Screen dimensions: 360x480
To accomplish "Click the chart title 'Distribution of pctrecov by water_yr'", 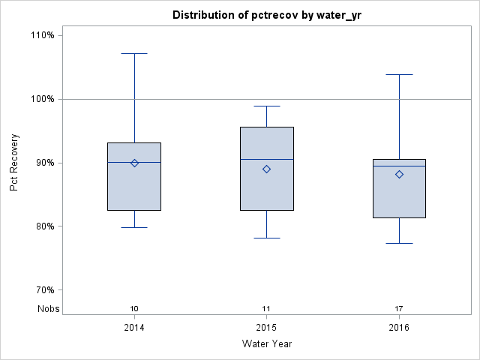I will (x=266, y=15).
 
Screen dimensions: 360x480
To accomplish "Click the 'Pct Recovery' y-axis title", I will (x=14, y=163).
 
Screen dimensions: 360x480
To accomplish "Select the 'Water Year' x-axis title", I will (x=266, y=344).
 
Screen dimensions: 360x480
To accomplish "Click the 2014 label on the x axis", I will (x=134, y=328).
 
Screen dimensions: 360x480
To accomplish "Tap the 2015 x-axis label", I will (x=266, y=328).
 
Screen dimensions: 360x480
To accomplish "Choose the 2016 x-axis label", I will (x=399, y=328).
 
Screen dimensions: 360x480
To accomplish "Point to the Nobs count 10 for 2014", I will (x=134, y=308).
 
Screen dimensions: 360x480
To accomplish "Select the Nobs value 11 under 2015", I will (x=266, y=308).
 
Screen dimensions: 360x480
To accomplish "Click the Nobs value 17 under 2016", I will (x=399, y=308).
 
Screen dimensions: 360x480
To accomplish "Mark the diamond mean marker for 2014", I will (x=134, y=163).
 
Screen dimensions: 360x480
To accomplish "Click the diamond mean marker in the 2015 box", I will (x=266, y=169).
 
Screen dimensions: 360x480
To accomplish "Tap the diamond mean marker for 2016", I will (x=399, y=174).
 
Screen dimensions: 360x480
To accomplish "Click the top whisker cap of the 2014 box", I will (x=134, y=53).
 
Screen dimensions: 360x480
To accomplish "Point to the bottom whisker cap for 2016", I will (x=399, y=243).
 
